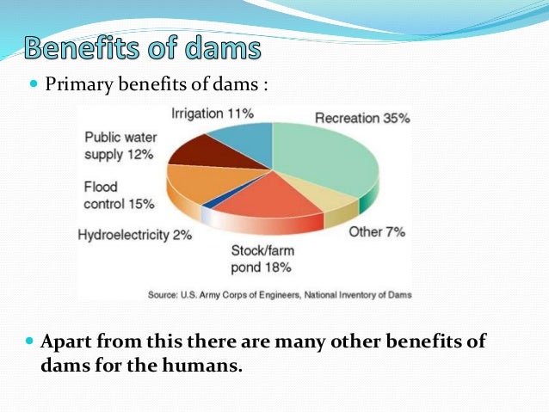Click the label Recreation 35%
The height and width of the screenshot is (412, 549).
[361, 118]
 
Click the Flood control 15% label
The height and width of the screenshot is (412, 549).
[119, 195]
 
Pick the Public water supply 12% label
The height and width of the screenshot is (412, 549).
[120, 145]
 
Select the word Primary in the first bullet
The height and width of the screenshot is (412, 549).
[77, 85]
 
